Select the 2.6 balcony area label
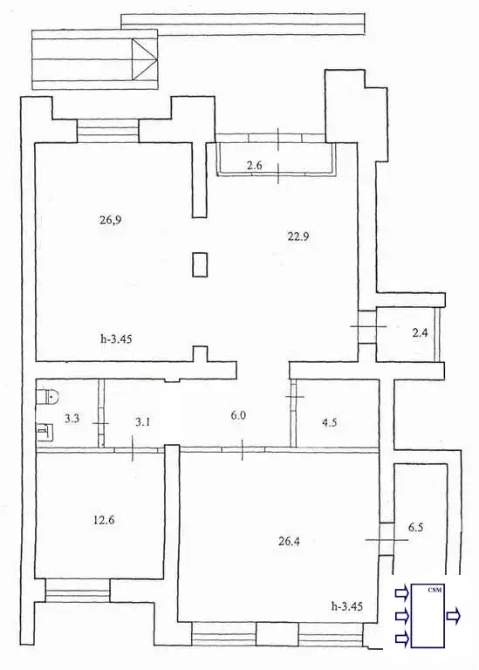pos(254,165)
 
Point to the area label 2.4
pos(419,332)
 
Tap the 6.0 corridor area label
pos(238,416)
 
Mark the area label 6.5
pos(416,527)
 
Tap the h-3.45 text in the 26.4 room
pos(347,605)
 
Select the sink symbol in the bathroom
pos(44,429)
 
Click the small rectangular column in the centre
pos(201,263)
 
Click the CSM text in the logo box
pos(435,591)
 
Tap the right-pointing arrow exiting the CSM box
pos(455,616)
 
